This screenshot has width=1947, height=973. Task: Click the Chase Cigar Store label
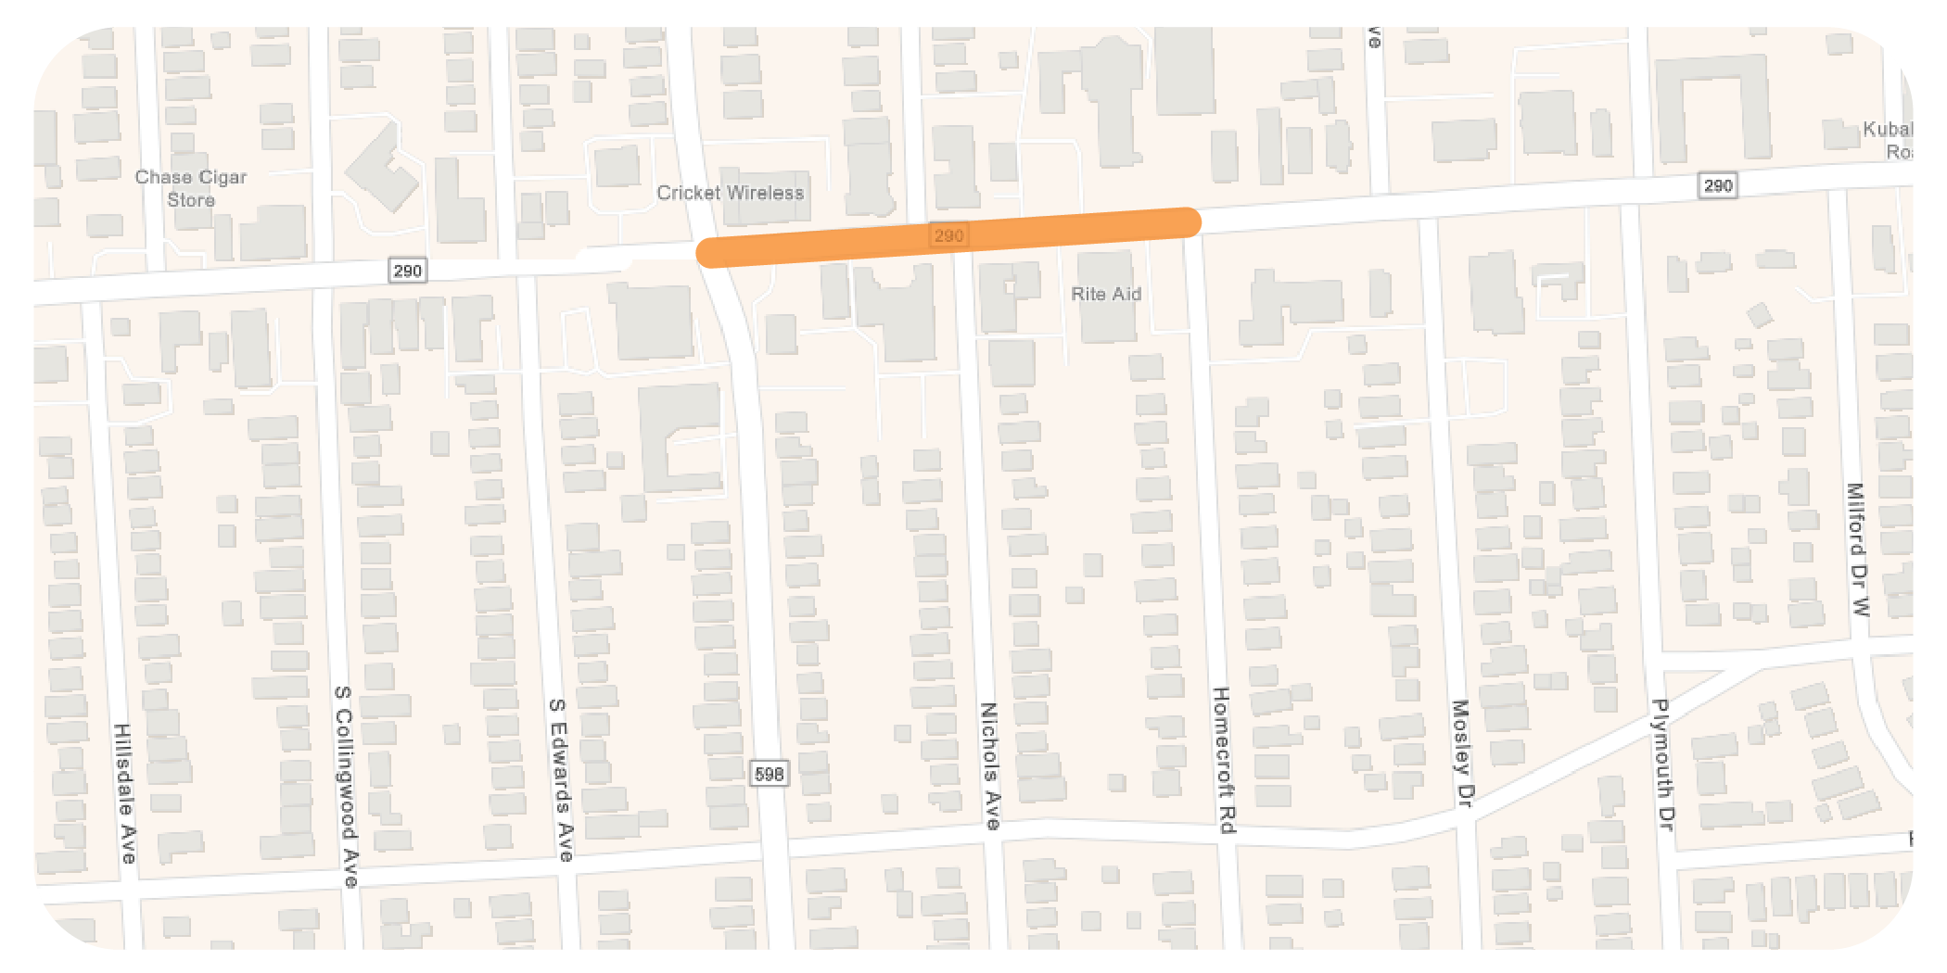[191, 188]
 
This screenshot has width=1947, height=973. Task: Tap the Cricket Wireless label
[730, 193]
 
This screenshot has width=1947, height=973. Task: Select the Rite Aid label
[1106, 294]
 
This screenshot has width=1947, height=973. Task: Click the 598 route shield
[769, 774]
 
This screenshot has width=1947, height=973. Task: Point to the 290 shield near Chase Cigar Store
[407, 271]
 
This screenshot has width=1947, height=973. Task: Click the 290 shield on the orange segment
[948, 235]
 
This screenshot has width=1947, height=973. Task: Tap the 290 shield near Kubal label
[1717, 185]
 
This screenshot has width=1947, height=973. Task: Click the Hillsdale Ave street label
[124, 793]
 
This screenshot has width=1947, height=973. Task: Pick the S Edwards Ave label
[561, 779]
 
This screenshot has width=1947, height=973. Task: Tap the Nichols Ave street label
[990, 765]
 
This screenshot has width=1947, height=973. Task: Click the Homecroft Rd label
[1224, 760]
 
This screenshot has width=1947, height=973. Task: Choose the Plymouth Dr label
[1662, 764]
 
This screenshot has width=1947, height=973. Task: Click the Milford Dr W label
[1857, 550]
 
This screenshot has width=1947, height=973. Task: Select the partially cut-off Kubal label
[1888, 140]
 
